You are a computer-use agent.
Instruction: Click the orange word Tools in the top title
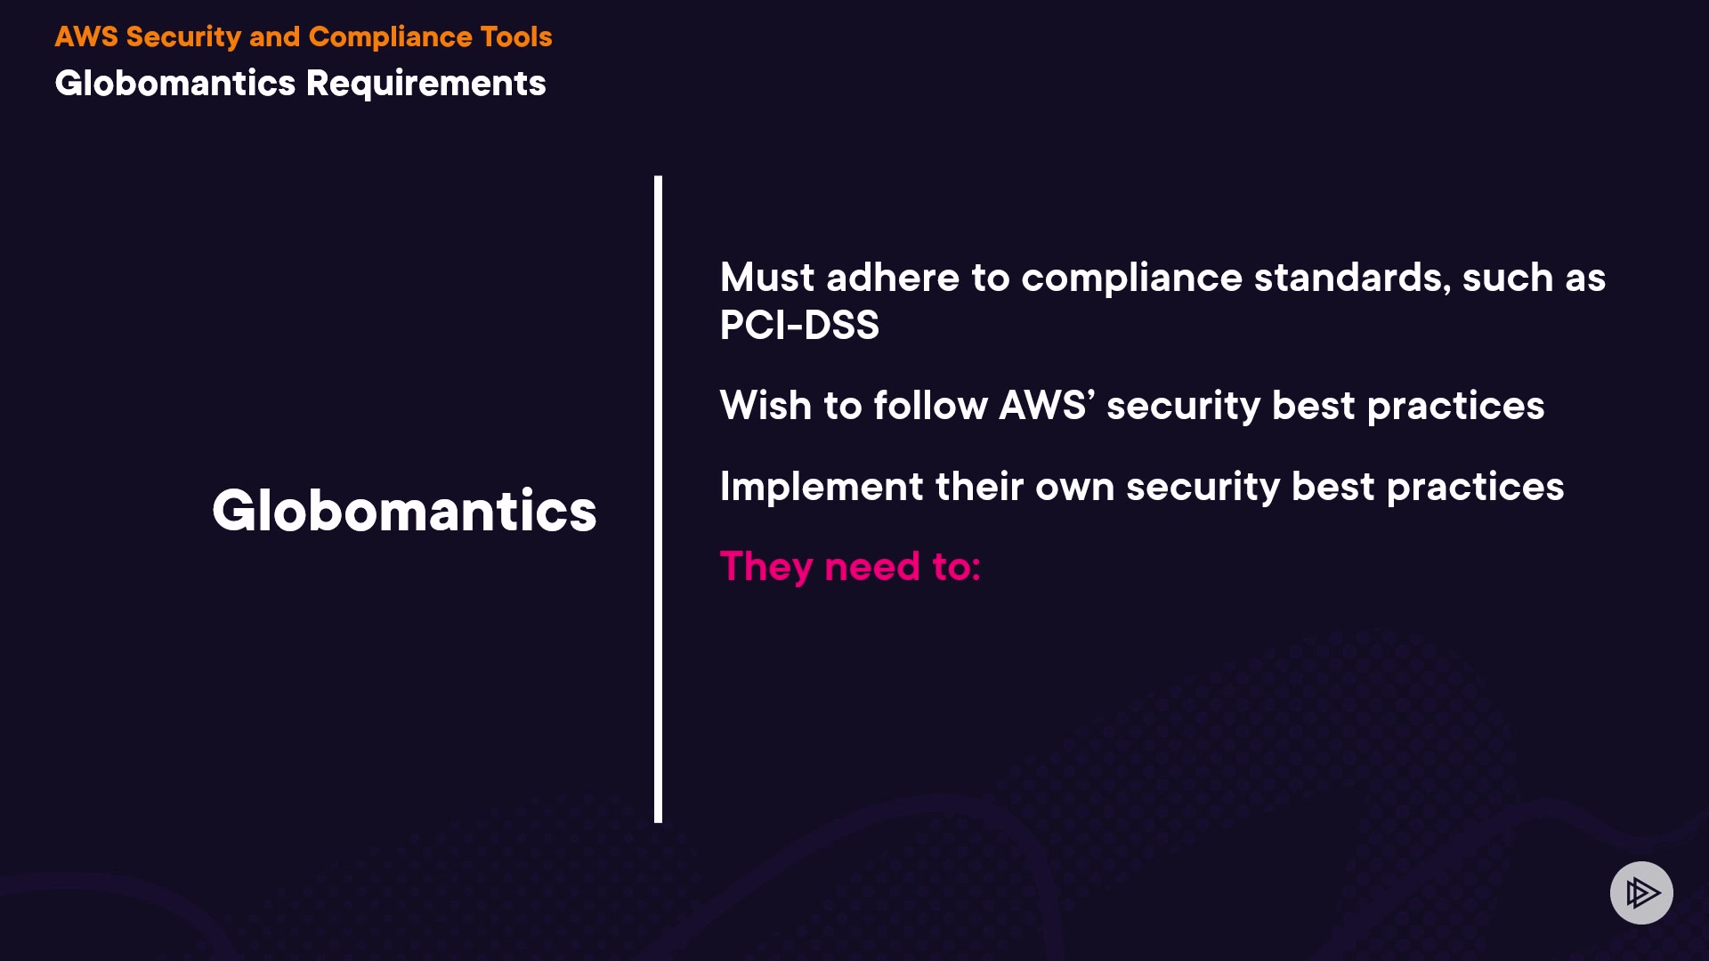tap(516, 36)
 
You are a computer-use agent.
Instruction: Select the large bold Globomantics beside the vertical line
tap(404, 511)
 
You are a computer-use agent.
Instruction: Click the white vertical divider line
tap(658, 499)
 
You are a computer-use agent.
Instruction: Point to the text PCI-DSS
tap(799, 325)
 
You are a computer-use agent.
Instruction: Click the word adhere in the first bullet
tap(893, 278)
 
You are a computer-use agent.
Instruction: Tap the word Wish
tap(765, 406)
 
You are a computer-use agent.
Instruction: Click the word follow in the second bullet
tap(930, 406)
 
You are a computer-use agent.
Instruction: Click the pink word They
tap(766, 568)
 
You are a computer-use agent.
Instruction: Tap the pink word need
tap(872, 568)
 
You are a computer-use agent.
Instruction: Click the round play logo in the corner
tap(1641, 892)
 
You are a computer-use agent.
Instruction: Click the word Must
tap(767, 278)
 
